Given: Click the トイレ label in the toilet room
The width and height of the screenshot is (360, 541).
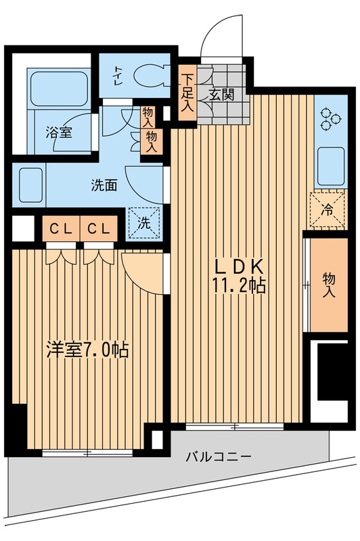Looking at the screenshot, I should tap(118, 72).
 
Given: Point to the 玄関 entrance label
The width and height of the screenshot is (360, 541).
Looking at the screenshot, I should tap(221, 95).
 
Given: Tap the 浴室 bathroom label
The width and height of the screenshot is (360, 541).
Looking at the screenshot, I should tap(59, 133).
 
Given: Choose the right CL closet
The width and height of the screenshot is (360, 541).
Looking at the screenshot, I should tap(98, 229).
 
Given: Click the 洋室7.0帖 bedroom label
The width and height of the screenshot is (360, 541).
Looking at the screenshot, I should tap(87, 351).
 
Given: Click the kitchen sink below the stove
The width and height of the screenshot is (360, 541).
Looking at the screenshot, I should tap(330, 166).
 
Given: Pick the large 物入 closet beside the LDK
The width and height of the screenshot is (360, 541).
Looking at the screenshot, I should tap(329, 284).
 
